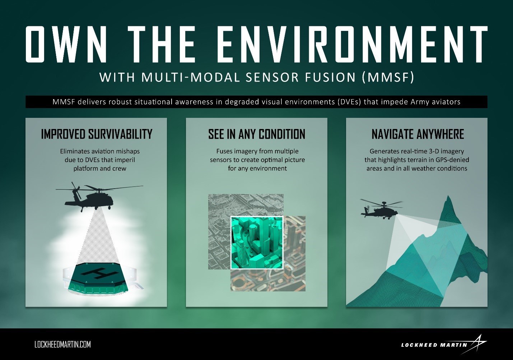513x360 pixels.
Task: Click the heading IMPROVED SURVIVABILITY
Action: click(x=97, y=134)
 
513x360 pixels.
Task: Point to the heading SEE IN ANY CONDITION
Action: click(x=256, y=134)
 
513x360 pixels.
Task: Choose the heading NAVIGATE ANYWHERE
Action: click(x=418, y=134)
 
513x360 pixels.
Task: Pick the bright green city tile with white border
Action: click(x=257, y=243)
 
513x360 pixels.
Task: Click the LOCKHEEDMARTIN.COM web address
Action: click(x=62, y=345)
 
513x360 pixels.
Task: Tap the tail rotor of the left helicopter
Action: click(x=75, y=188)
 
